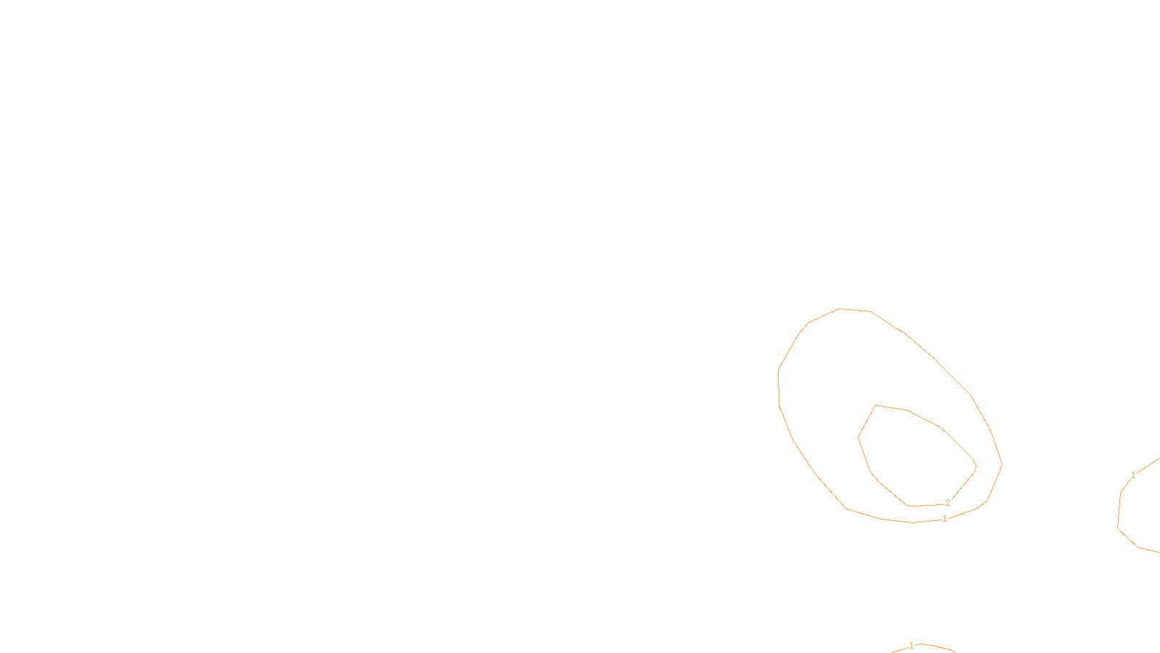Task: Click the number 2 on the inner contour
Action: (948, 503)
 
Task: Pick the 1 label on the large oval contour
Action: (945, 519)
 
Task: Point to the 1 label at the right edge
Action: (1133, 475)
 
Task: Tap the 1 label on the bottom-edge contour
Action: (911, 646)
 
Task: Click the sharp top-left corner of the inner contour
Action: (876, 406)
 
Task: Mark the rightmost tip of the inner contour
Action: (976, 467)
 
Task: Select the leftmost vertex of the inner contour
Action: (858, 438)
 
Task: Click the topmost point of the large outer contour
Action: (840, 308)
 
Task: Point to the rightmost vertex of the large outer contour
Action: (1002, 465)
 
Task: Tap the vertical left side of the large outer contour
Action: (779, 388)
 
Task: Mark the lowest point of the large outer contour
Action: (913, 522)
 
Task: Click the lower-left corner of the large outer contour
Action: (847, 509)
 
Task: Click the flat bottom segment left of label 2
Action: (924, 505)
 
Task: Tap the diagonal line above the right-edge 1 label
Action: (1148, 465)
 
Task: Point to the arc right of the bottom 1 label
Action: (937, 646)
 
